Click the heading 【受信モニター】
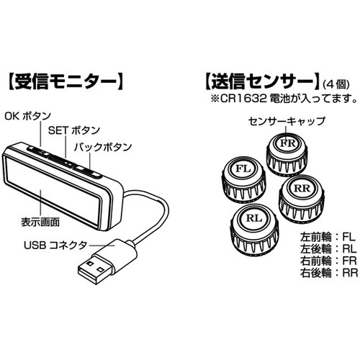(66, 82)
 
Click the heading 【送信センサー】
(262, 82)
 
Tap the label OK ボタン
(28, 117)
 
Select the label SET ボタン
(74, 130)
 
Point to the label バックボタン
(103, 147)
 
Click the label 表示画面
(40, 222)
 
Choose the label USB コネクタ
(55, 246)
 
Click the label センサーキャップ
(287, 121)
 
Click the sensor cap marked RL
(254, 230)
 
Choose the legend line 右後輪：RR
(329, 273)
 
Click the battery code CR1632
(243, 99)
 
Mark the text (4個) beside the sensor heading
(336, 84)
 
